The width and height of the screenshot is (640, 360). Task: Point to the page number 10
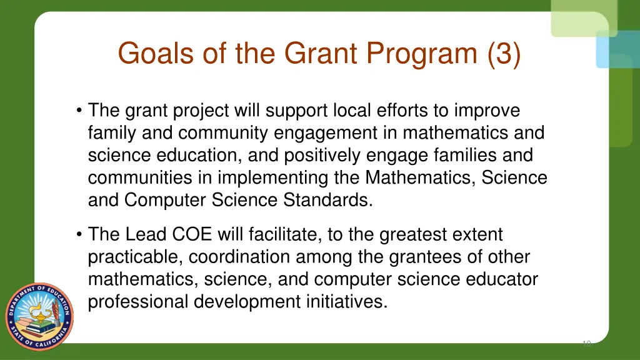[586, 343]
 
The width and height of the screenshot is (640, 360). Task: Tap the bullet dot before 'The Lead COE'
[79, 235]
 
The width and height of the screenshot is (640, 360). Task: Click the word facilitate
[291, 235]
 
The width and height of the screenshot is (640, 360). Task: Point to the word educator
[501, 280]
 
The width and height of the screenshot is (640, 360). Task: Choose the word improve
[487, 111]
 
